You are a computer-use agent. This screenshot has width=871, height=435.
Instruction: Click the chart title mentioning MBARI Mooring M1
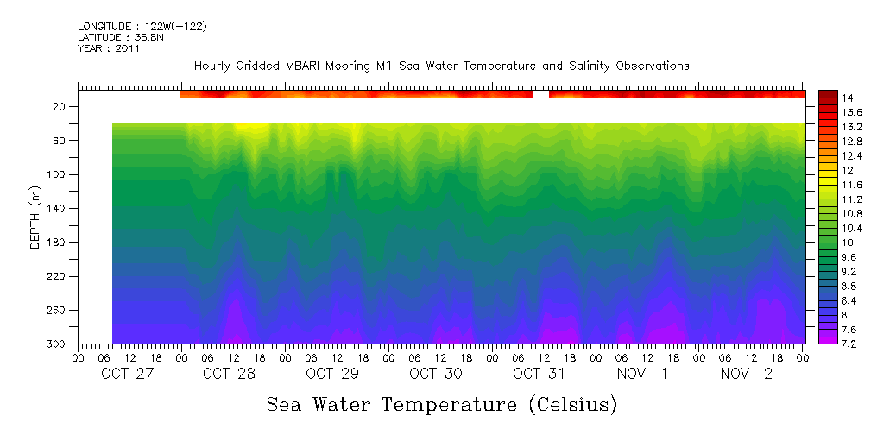click(441, 66)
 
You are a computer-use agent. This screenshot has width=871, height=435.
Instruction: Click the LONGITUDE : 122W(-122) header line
click(142, 27)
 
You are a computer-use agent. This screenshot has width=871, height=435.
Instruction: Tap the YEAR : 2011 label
click(108, 48)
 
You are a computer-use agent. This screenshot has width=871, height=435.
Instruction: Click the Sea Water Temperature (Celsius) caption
click(441, 404)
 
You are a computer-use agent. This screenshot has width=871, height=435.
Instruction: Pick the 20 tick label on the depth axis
click(60, 106)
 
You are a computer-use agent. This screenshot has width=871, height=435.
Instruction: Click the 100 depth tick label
click(58, 174)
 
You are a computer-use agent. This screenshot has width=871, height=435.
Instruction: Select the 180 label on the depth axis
click(58, 242)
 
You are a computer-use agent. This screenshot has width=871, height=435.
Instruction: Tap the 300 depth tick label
click(58, 344)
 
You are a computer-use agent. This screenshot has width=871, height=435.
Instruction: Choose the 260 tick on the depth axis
click(58, 310)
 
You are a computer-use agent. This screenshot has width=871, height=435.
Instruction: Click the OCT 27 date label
click(126, 374)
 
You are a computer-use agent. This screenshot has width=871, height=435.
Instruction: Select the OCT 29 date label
click(332, 374)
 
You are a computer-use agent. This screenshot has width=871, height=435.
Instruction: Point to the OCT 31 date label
click(539, 374)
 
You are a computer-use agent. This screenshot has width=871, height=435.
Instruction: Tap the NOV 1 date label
click(642, 374)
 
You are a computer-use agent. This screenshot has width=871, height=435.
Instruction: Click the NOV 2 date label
click(747, 374)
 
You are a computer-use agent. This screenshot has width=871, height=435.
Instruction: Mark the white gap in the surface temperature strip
click(540, 93)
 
